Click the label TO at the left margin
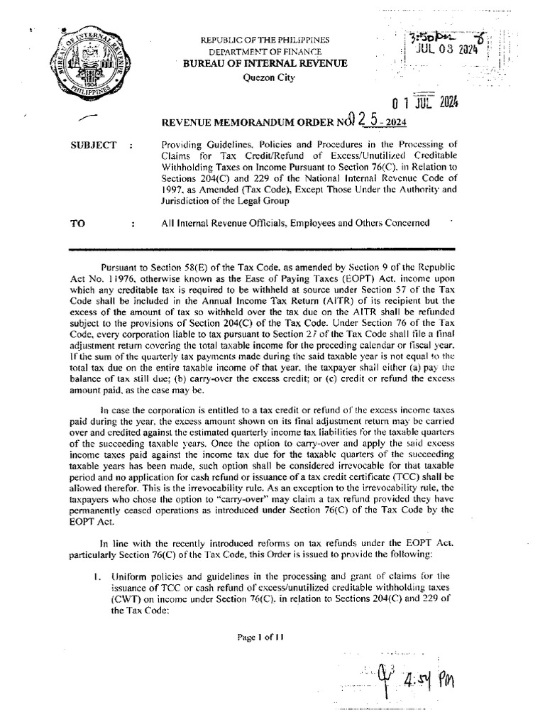(x=77, y=222)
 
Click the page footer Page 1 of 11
(x=262, y=636)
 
